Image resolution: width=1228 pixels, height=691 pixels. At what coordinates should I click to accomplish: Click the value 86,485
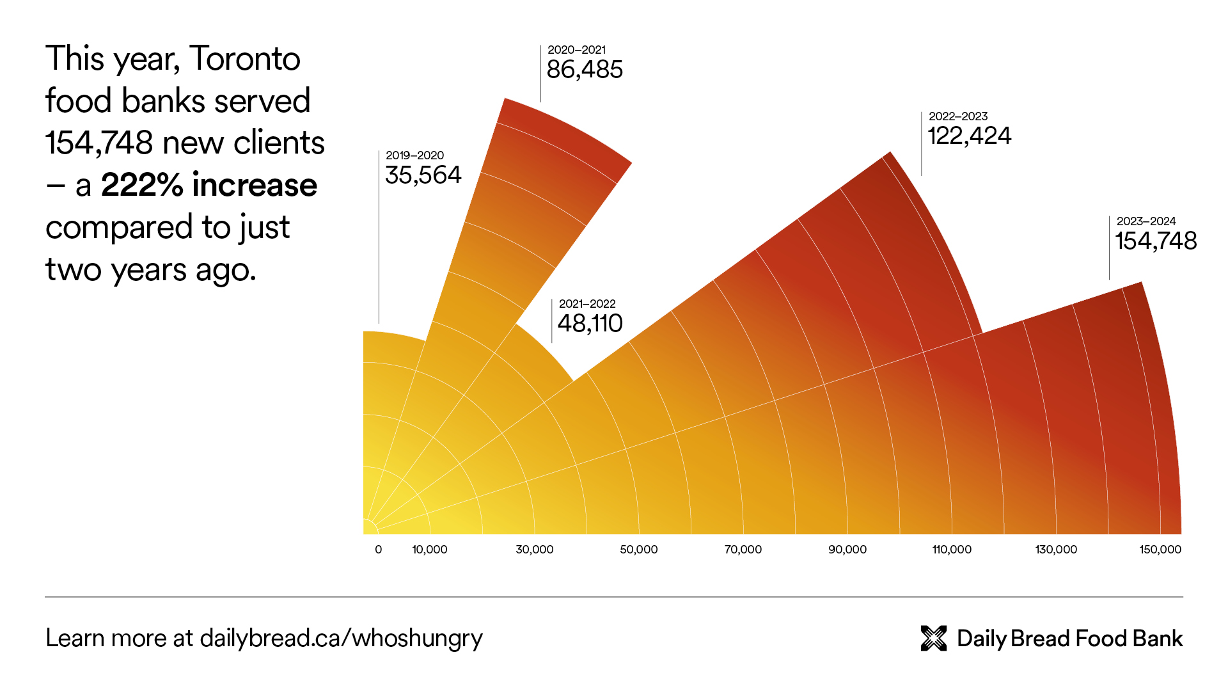(584, 70)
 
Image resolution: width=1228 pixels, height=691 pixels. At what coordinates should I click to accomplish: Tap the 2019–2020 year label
(414, 155)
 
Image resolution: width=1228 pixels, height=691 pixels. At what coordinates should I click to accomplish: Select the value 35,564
(423, 175)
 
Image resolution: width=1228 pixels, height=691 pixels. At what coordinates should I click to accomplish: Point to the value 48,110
(590, 324)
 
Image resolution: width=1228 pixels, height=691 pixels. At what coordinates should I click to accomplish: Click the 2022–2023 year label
(957, 116)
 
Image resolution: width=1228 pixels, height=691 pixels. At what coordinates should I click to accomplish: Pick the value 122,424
(969, 136)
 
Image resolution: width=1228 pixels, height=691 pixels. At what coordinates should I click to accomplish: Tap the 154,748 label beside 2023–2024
(1156, 241)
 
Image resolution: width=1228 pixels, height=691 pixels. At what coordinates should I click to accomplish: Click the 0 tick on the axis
(378, 550)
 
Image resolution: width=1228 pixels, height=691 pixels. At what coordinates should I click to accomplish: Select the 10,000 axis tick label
(429, 550)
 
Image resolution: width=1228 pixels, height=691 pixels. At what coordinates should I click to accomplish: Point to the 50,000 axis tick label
(638, 550)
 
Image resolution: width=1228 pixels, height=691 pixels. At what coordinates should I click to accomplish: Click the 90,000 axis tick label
(847, 550)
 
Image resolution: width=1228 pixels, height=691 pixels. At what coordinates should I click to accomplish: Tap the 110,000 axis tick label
(951, 550)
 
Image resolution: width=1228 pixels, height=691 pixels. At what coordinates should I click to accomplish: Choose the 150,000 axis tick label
(1160, 550)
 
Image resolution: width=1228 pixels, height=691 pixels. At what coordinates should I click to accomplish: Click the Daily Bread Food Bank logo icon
(933, 638)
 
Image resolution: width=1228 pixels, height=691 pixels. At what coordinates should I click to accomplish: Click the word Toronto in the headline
(245, 59)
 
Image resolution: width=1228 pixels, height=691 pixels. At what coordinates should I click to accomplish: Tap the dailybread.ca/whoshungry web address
(341, 638)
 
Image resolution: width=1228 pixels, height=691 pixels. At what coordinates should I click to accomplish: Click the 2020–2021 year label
(576, 50)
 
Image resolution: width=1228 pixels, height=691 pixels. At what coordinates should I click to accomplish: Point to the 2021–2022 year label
(586, 304)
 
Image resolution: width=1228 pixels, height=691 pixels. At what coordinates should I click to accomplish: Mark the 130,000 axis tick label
(1055, 550)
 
